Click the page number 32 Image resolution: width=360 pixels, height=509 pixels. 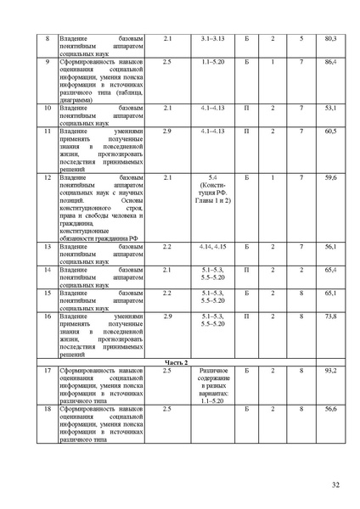[335, 484]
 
